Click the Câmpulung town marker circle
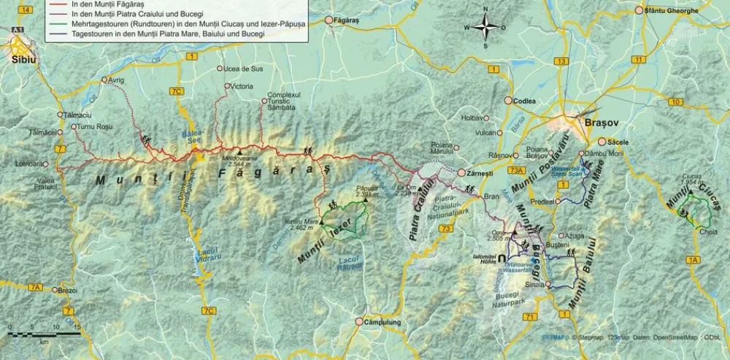point(359,321)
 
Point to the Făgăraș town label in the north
point(347,20)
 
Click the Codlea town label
point(525,101)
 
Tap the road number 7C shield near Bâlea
point(175,91)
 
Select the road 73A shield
point(518,170)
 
